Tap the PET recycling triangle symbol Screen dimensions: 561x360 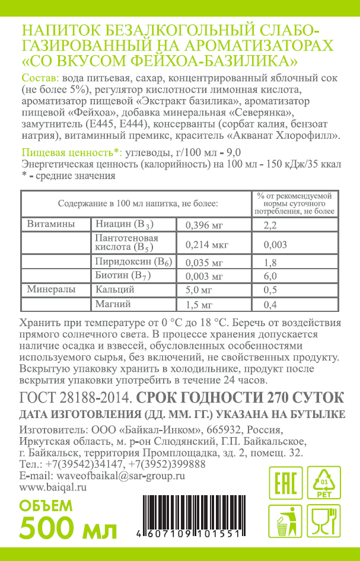[x=324, y=483]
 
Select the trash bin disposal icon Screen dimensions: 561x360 [x=286, y=522]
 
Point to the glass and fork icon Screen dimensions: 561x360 [x=324, y=522]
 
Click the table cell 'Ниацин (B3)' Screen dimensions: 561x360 [x=125, y=225]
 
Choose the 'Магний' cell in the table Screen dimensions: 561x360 [x=113, y=305]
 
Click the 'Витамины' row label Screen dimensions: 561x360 [x=51, y=225]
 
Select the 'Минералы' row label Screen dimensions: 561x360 [x=51, y=290]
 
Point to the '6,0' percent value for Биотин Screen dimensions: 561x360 [x=270, y=276]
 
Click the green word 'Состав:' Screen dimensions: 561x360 [x=40, y=78]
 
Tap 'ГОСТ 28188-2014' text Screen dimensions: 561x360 [x=72, y=397]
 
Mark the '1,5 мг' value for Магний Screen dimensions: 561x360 [x=199, y=305]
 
